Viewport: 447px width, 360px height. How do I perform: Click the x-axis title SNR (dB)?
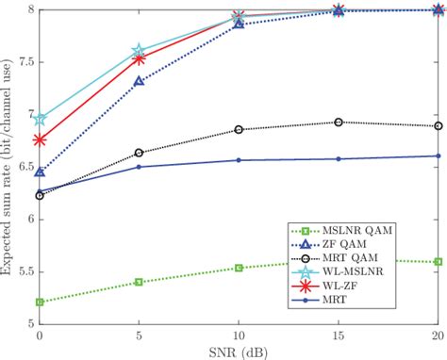[238, 352]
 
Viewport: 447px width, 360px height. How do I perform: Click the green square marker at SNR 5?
[139, 282]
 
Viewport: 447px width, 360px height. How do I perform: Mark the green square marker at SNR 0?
[39, 302]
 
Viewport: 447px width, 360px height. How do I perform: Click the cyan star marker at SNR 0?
[39, 120]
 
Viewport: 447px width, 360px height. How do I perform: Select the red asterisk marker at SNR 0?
[39, 139]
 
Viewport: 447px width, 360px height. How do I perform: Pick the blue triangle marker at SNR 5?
[139, 81]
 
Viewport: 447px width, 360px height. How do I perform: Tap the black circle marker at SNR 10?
[239, 129]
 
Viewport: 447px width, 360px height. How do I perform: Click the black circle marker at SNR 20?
[438, 125]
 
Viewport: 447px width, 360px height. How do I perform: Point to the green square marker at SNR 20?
[438, 261]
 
